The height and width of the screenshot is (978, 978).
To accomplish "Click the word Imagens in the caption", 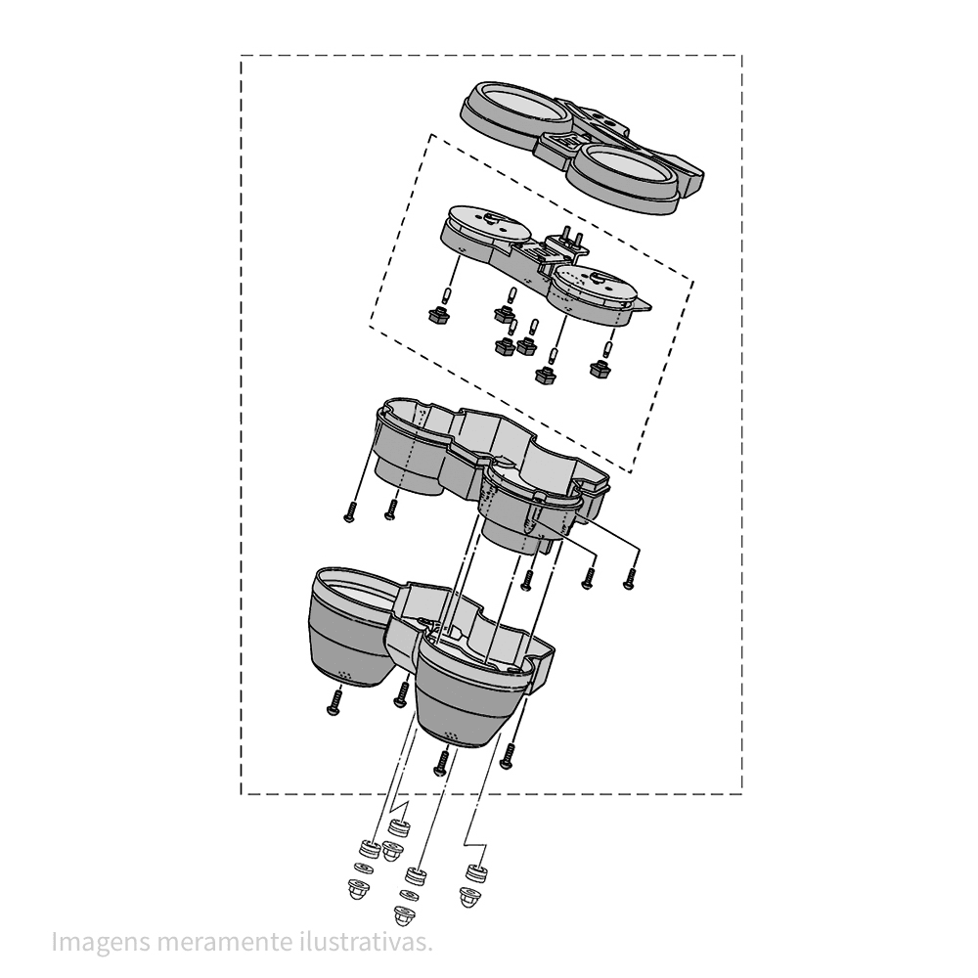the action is click(x=101, y=943).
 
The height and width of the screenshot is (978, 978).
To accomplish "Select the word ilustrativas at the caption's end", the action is click(x=363, y=941).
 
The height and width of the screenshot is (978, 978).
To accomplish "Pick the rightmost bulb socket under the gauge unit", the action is click(x=600, y=369).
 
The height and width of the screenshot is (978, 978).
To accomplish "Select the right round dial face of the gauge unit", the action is click(x=593, y=284).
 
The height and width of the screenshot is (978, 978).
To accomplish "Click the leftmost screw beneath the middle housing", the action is click(x=350, y=511).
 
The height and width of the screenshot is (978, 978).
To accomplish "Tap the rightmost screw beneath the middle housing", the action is click(x=629, y=578).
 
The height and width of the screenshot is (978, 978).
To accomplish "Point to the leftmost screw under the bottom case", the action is click(x=334, y=701).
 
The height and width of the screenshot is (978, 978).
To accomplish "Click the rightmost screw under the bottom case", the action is click(x=508, y=755).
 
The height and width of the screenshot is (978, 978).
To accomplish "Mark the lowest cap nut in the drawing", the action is click(x=405, y=916).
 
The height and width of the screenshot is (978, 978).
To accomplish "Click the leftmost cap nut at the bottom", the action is click(x=358, y=889).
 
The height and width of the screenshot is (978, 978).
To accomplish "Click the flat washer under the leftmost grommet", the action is click(x=364, y=867).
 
